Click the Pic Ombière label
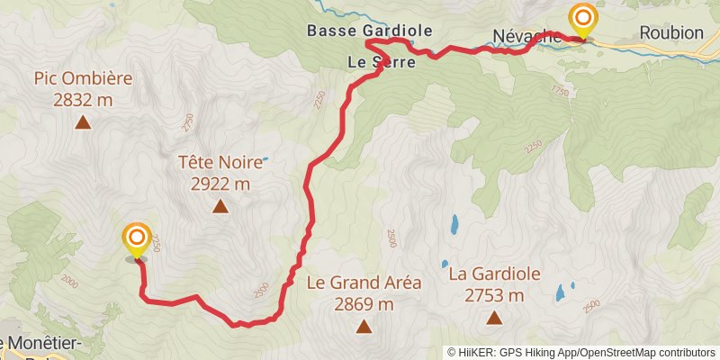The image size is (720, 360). tap(83, 78)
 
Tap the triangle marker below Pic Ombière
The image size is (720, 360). tap(83, 122)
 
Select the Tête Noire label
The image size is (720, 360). tap(220, 163)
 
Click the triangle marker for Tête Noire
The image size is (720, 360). tap(220, 206)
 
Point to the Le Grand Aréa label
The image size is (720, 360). tap(364, 283)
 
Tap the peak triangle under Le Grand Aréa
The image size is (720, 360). tap(364, 327)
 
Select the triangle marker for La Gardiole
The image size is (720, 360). tap(494, 317)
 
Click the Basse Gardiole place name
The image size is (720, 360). tap(370, 31)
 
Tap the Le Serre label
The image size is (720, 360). tap(382, 62)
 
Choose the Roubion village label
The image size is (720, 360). tap(670, 32)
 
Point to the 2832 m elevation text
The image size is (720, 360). tap(83, 100)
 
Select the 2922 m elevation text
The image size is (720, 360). tap(220, 184)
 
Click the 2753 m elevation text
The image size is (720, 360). tap(494, 295)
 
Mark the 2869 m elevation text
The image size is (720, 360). tap(364, 304)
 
